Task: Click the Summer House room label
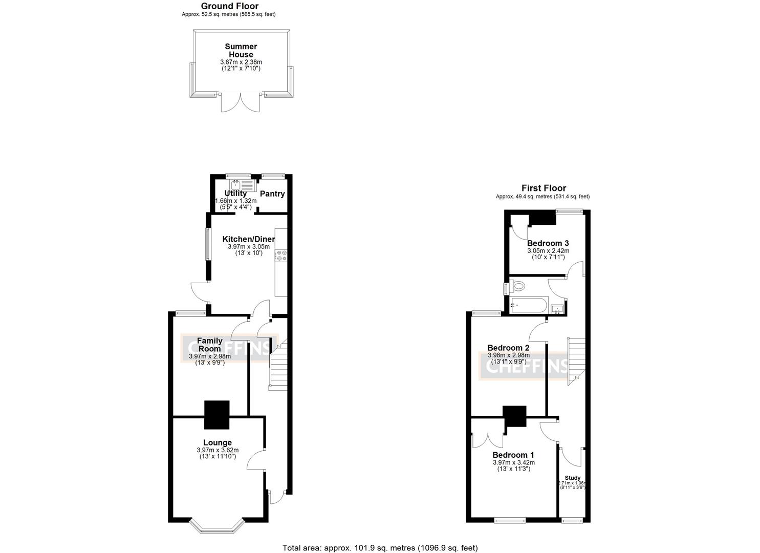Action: (241, 50)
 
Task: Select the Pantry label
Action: (272, 194)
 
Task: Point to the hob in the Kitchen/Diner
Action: (281, 256)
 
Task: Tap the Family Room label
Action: (210, 345)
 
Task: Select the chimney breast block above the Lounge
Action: (217, 415)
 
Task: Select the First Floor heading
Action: (544, 188)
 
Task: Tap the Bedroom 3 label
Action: (548, 243)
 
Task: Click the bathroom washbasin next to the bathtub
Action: (557, 308)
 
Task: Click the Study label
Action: (572, 478)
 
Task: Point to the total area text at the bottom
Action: (380, 548)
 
